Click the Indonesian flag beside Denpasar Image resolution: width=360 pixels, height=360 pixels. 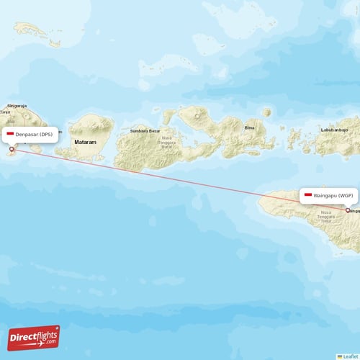10,135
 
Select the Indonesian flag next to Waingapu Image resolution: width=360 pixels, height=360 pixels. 308,195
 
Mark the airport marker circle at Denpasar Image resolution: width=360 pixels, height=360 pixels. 11,150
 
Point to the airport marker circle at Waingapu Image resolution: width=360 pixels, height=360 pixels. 348,210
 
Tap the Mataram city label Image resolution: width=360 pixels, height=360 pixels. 86,143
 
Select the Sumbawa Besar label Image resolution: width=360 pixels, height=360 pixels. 145,131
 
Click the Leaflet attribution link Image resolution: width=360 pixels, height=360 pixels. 350,356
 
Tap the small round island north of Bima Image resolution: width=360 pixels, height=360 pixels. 267,112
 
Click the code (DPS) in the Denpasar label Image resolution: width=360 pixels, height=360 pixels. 45,135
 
